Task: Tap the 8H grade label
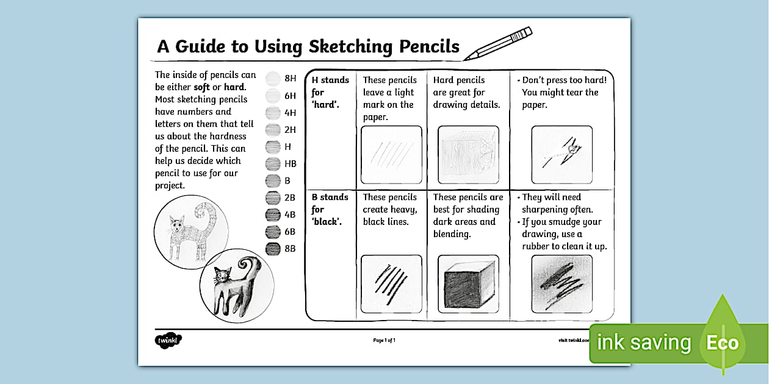[290, 79]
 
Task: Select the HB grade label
[290, 164]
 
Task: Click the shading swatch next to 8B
[273, 249]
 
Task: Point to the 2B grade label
[290, 198]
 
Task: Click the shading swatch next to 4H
[273, 113]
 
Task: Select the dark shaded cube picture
[468, 285]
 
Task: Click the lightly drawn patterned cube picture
[468, 155]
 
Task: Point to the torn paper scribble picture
[561, 155]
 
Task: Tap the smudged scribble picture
[561, 285]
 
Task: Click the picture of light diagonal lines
[391, 155]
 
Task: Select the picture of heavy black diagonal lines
[391, 285]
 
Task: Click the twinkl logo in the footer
[168, 340]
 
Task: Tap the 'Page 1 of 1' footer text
[384, 340]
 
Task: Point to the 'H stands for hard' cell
[330, 92]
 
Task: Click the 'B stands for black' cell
[330, 209]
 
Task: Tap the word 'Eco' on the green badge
[722, 343]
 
